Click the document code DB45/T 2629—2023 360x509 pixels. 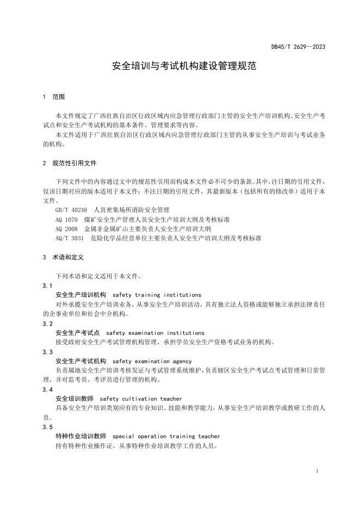[x=299, y=47]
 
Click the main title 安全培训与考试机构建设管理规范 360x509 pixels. [x=179, y=67]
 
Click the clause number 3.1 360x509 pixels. [x=47, y=285]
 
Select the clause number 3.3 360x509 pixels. [x=47, y=351]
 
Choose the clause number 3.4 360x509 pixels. [x=47, y=389]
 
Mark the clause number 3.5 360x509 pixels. [x=47, y=427]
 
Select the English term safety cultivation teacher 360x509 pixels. [x=141, y=399]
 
